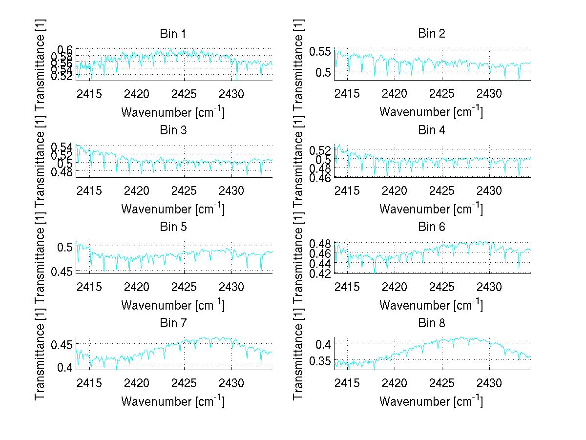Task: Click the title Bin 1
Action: point(173,34)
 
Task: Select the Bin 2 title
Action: point(432,34)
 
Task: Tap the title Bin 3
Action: point(173,130)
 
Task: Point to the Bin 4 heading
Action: point(432,130)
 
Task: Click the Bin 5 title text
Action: point(173,227)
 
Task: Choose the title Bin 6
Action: point(432,227)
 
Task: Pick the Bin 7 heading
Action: point(173,323)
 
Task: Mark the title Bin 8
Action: point(432,323)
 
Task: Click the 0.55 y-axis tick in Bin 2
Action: point(320,50)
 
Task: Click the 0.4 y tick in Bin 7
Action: point(65,367)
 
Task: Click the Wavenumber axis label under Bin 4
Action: point(431,209)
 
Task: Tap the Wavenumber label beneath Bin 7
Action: point(173,401)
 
